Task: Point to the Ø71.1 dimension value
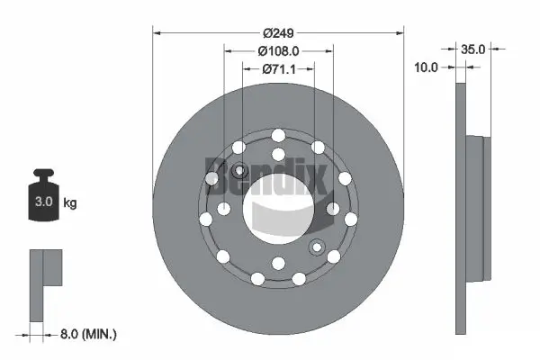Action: click(278, 68)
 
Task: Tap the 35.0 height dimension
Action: click(475, 49)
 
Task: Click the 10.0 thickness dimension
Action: click(427, 67)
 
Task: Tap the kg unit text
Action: click(70, 203)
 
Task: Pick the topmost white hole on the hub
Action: click(278, 135)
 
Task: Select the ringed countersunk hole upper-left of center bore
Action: click(240, 171)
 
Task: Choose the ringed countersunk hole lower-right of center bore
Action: click(316, 248)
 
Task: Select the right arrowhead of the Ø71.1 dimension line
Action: click(310, 68)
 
